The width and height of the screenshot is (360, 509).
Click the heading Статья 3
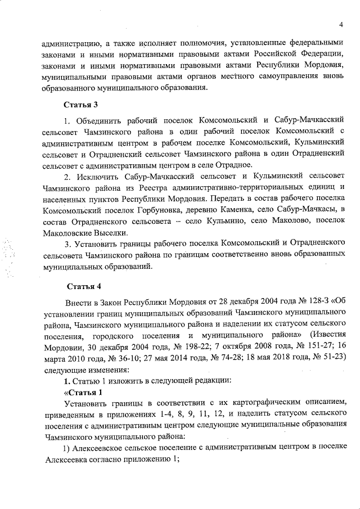(81, 105)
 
